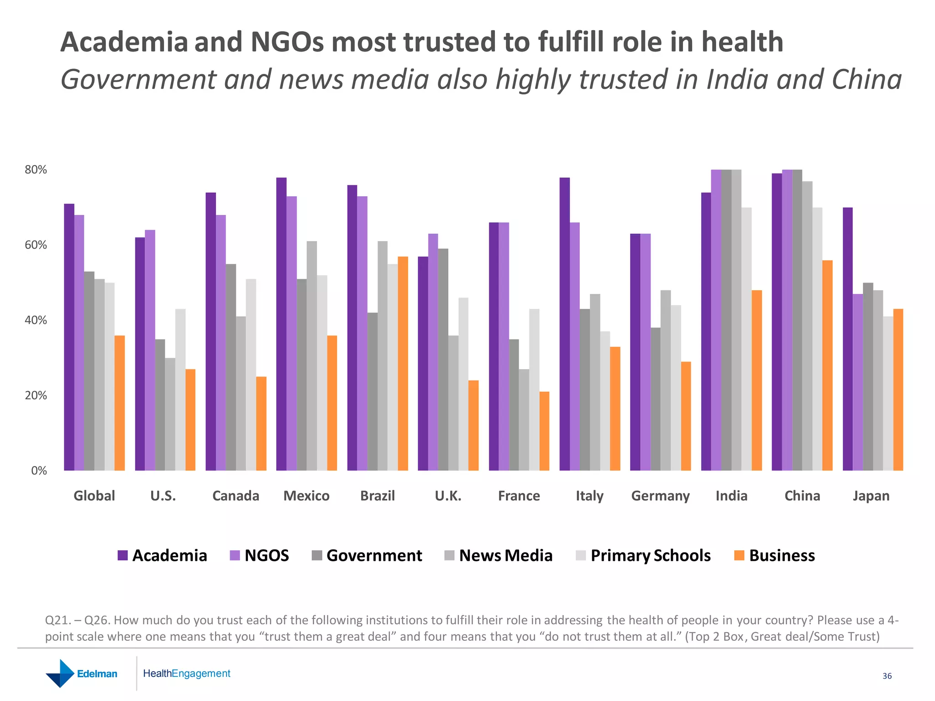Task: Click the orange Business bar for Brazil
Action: [403, 363]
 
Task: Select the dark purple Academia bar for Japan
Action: [847, 339]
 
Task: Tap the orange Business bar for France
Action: [544, 431]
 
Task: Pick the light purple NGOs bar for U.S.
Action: [150, 350]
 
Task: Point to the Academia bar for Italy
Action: [564, 324]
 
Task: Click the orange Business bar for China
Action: [827, 365]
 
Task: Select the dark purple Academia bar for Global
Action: [69, 337]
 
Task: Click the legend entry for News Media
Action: [499, 555]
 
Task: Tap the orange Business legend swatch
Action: [739, 555]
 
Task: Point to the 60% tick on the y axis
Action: [36, 245]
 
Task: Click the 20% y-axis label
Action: [36, 396]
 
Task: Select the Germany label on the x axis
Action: [660, 496]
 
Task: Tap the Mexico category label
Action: [306, 496]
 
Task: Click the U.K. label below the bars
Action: [448, 496]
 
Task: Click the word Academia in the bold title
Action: [124, 42]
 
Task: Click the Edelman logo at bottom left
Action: [82, 674]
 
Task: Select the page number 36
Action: [887, 676]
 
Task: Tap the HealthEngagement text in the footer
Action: [186, 674]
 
